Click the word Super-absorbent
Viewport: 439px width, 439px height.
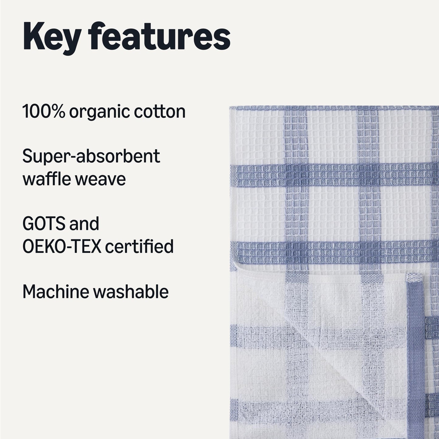(x=91, y=157)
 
